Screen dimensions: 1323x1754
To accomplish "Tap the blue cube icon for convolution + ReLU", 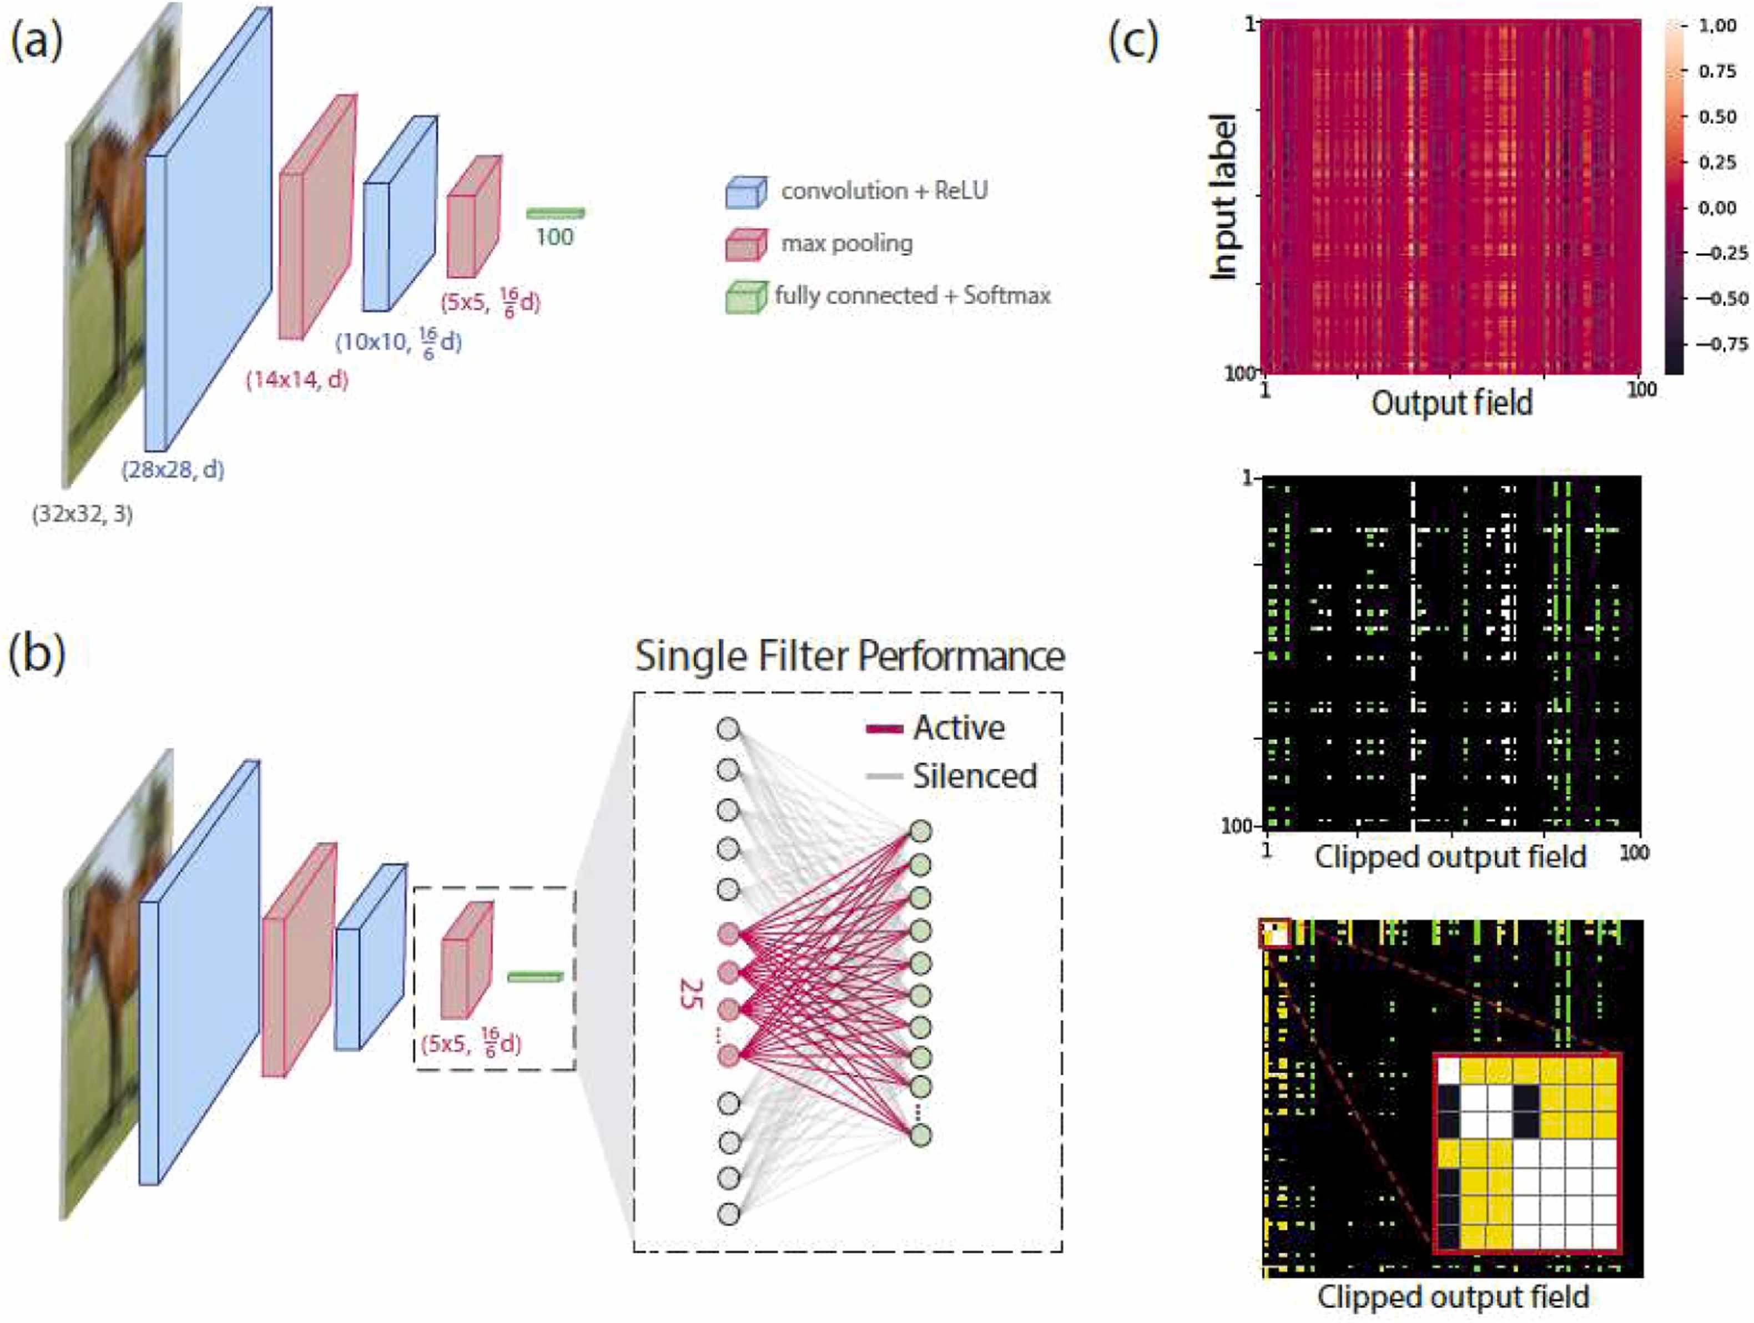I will point(746,192).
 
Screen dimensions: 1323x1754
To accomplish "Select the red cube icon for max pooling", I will point(746,244).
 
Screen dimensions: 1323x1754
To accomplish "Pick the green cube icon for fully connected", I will point(746,297).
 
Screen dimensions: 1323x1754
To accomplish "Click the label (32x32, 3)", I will point(83,515).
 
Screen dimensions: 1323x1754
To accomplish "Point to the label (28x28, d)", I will point(173,470).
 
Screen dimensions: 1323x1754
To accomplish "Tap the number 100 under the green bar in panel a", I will point(555,236).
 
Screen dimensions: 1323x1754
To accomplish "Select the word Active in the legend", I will point(959,728).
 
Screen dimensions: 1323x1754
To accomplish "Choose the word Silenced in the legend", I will point(975,776).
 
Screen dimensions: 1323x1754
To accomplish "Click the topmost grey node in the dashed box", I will point(728,729).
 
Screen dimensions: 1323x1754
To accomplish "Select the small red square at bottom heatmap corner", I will point(1275,933).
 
